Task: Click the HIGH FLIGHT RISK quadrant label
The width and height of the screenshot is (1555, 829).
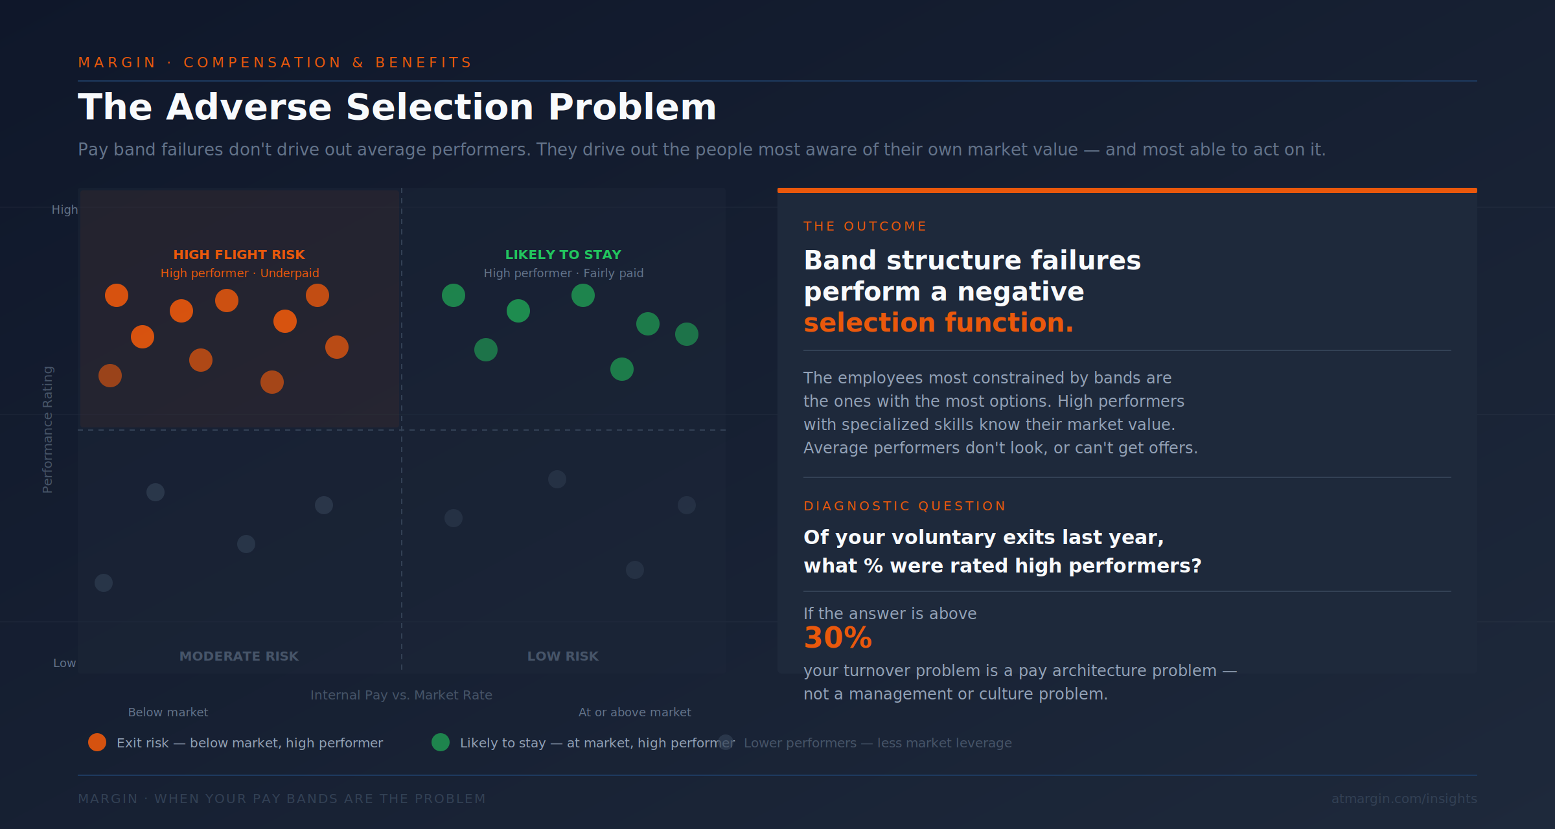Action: (239, 255)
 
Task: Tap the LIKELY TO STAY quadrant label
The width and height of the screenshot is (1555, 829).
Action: (563, 255)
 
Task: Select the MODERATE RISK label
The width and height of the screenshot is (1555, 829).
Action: (239, 656)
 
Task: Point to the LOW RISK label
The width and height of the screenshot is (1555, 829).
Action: (563, 656)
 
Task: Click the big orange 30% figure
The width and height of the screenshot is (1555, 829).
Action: (838, 638)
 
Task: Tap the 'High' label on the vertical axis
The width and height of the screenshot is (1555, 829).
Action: (65, 210)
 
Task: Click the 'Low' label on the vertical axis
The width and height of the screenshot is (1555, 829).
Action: (65, 663)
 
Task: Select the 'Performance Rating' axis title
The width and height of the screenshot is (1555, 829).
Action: (47, 429)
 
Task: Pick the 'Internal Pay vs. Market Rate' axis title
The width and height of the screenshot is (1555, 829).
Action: (401, 695)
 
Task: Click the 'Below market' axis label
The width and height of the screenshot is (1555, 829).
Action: (168, 712)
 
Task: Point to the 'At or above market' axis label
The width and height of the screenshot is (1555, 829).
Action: (634, 712)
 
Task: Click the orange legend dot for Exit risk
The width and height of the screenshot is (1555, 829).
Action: (97, 742)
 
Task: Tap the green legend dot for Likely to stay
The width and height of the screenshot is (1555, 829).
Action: (441, 742)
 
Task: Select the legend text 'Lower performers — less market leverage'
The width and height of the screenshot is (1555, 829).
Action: (877, 743)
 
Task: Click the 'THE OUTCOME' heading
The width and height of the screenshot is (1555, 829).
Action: (865, 226)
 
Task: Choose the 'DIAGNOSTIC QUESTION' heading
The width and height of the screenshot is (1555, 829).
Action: (904, 506)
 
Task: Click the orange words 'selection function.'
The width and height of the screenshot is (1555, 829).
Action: (938, 323)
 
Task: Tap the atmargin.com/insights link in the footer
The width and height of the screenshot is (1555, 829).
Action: (1404, 799)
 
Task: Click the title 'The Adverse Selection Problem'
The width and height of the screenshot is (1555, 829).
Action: (397, 107)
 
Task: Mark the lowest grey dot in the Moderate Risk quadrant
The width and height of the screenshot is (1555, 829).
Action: (104, 583)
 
